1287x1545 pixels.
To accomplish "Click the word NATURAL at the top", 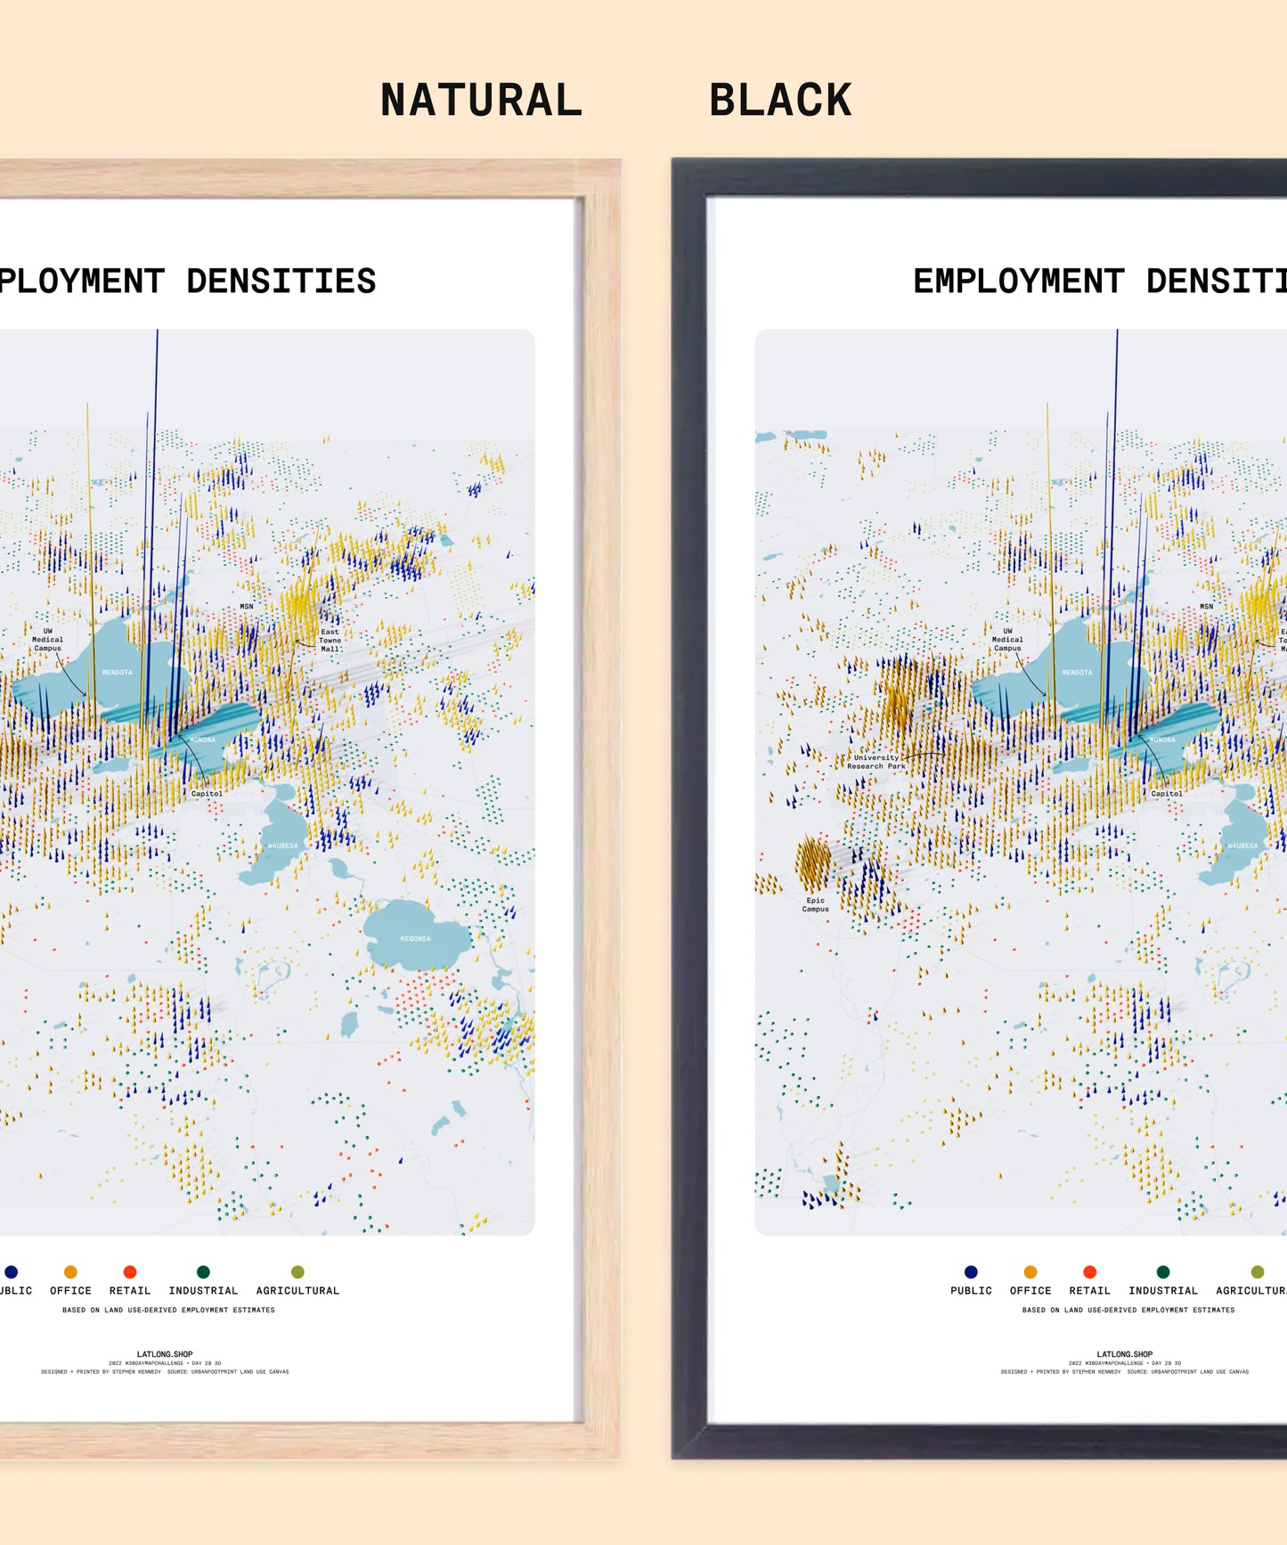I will tap(481, 100).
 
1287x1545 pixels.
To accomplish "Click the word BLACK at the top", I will tap(780, 100).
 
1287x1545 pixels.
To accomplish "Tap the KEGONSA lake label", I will tap(415, 938).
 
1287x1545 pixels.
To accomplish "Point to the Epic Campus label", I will tap(815, 904).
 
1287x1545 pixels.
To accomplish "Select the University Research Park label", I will tap(876, 762).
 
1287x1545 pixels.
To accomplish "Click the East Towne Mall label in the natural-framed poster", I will tap(330, 640).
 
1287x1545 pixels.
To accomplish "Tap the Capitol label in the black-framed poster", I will tap(1166, 793).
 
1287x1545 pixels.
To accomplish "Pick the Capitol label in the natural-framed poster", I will tap(207, 793).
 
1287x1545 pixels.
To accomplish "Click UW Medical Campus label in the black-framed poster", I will tap(1007, 639).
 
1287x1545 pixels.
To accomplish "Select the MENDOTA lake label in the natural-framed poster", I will tap(117, 673).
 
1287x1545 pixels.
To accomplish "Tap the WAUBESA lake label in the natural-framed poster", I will tap(283, 846).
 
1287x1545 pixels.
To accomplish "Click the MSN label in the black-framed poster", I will tap(1206, 607).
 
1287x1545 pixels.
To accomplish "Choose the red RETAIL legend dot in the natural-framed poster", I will tap(130, 1271).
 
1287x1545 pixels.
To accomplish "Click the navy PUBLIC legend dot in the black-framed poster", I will tap(971, 1271).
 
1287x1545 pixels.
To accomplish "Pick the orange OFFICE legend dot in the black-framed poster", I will tap(1030, 1271).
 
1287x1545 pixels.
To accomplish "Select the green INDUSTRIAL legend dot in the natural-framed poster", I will tap(203, 1271).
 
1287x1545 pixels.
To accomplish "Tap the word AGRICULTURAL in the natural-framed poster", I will tap(297, 1290).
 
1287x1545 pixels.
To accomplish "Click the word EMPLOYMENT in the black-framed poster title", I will tap(1018, 282).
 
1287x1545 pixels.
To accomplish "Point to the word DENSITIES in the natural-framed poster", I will tap(281, 282).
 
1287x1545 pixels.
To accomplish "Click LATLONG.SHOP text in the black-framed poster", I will tap(1125, 1353).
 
